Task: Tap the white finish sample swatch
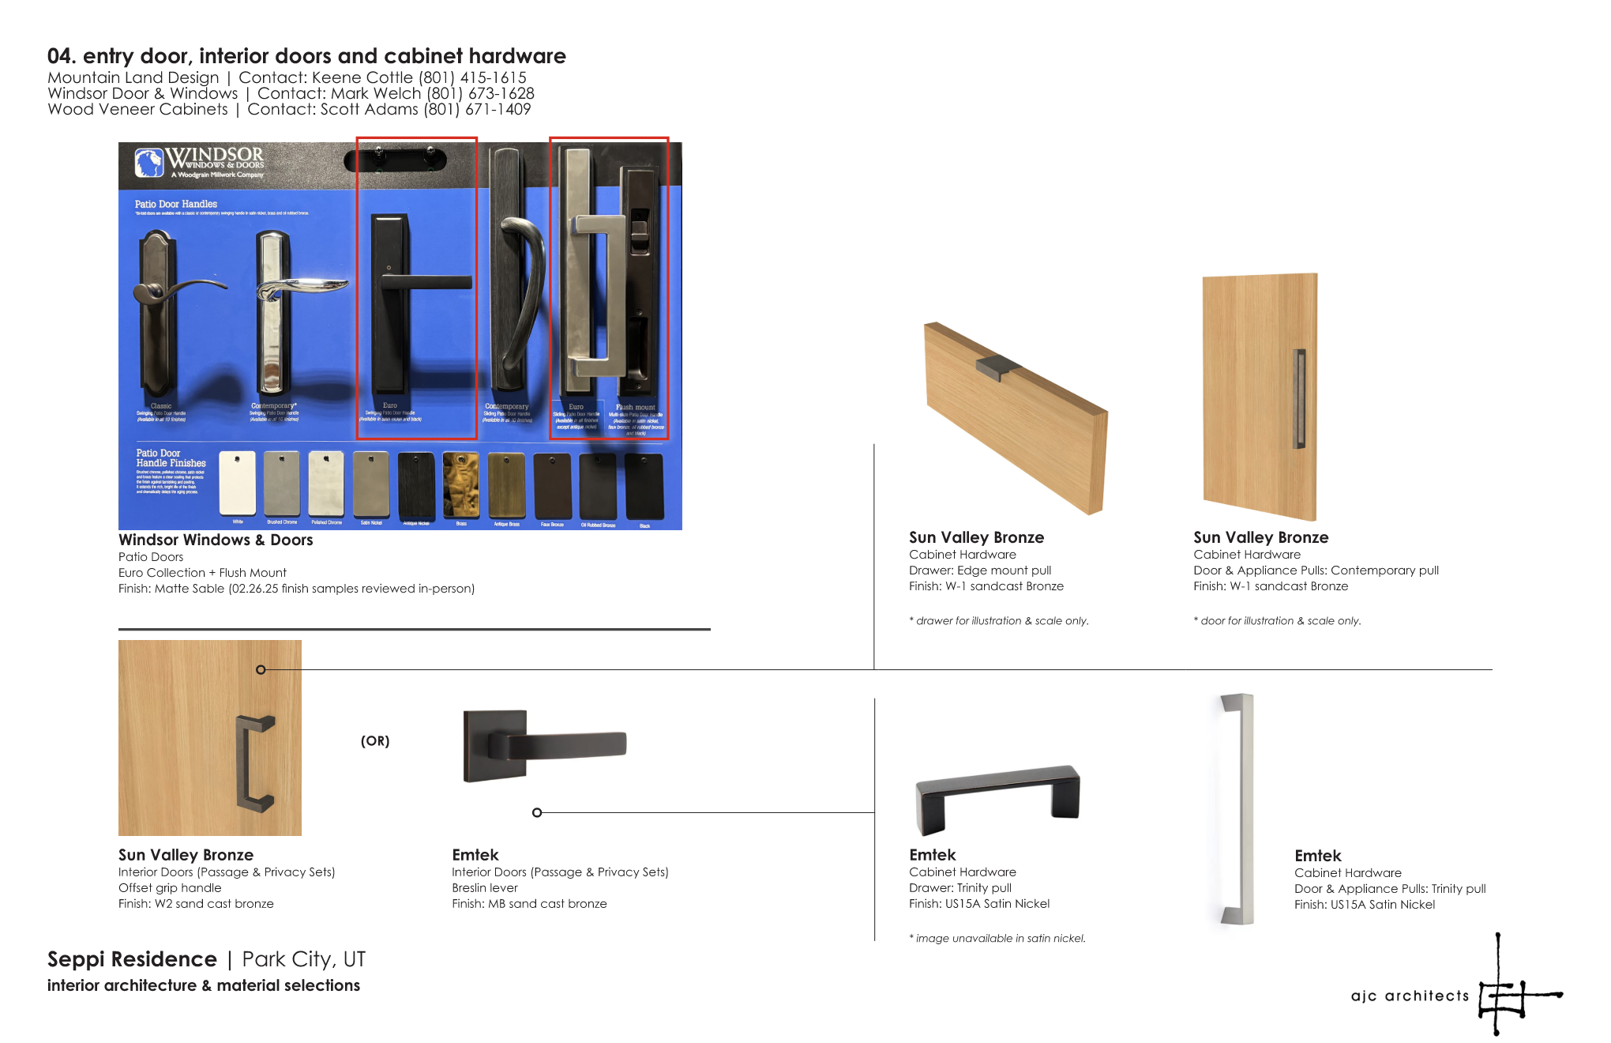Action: coord(237,483)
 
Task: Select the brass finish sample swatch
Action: coord(460,484)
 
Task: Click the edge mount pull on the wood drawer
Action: coord(997,366)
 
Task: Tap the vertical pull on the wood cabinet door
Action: coord(1299,398)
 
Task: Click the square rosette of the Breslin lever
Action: coord(495,745)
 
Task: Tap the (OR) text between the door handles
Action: coord(375,741)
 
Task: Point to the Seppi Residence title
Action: coord(132,959)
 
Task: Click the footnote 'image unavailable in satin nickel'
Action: coord(998,939)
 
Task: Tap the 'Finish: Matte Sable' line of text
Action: coord(296,589)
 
